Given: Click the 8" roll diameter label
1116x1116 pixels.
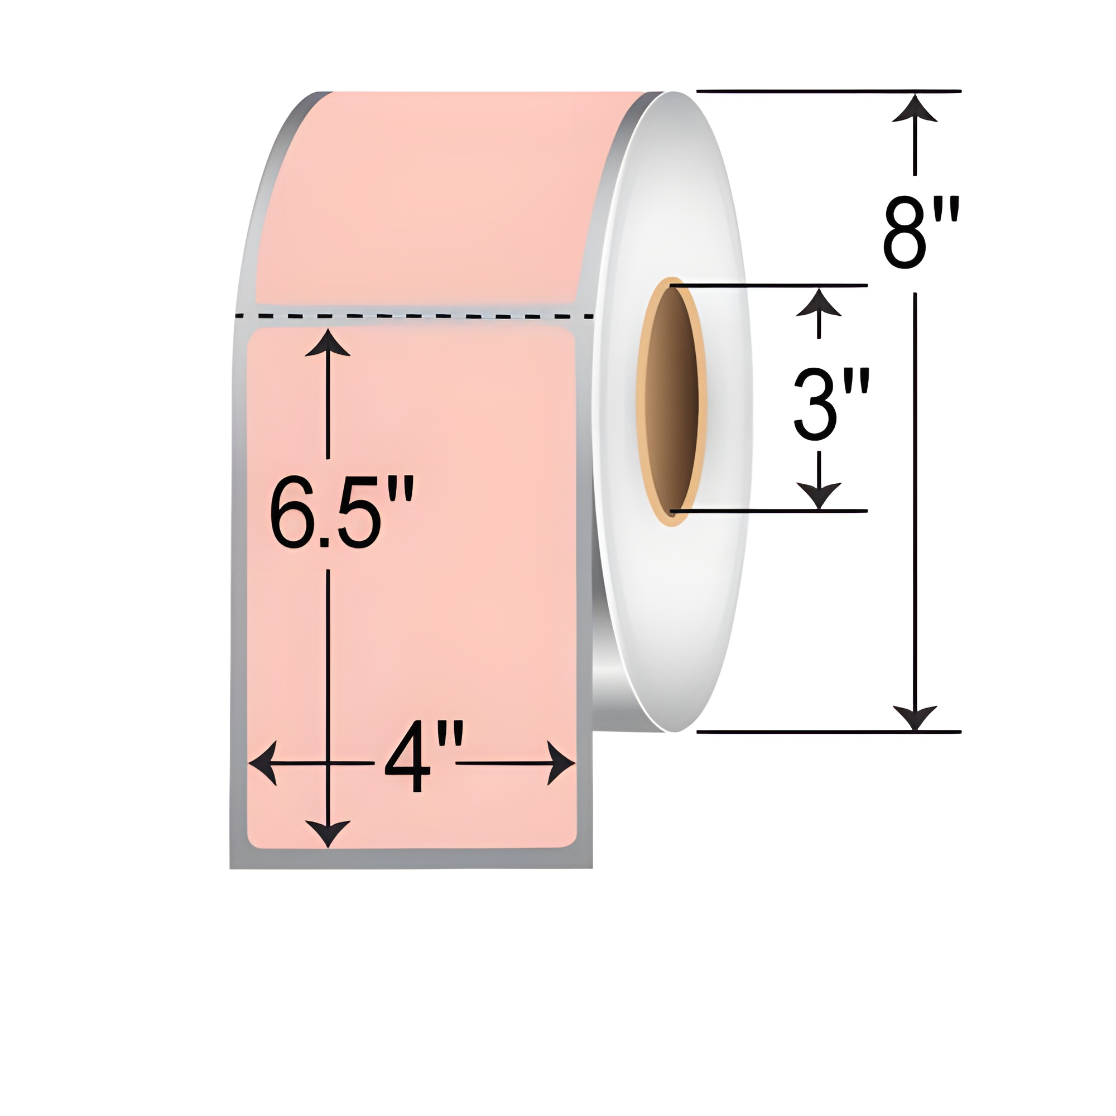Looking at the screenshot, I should pos(921,233).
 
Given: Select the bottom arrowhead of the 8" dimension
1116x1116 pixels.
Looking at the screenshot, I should pos(915,718).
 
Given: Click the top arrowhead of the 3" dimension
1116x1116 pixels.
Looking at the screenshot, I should pos(819,302).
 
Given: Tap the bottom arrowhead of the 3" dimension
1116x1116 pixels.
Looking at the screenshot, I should pos(819,497).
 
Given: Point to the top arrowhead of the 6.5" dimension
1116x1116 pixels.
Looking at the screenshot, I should pos(328,343).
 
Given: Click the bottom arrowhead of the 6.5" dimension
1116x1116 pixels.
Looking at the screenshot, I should pos(328,834).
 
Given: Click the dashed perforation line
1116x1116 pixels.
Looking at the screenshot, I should pos(416,316).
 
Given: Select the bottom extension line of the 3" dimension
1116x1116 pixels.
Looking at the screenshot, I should pos(768,511).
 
